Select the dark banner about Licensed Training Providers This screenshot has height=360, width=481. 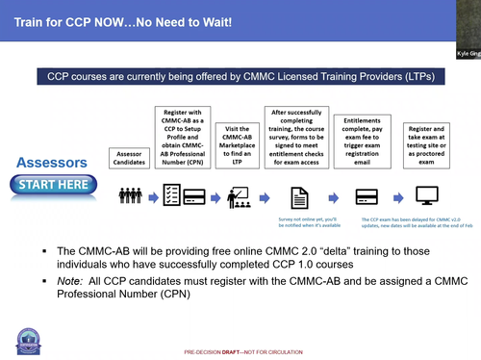pos(240,75)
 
